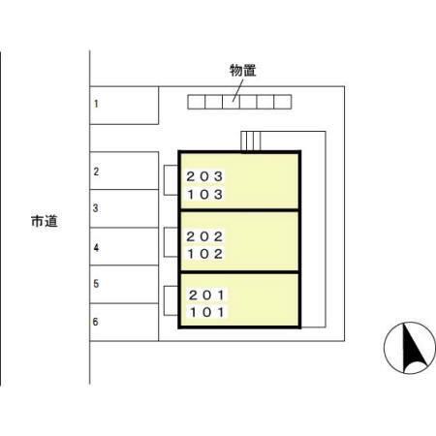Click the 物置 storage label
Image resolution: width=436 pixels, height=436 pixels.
(x=242, y=71)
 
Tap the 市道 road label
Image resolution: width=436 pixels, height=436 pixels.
(x=45, y=221)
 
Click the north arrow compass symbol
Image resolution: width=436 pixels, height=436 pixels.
(x=410, y=348)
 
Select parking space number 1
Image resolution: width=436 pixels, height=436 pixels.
(x=124, y=106)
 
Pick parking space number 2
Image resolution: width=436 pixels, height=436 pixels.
(x=124, y=171)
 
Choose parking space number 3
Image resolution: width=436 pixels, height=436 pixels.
(x=124, y=208)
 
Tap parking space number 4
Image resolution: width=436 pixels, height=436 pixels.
(x=124, y=246)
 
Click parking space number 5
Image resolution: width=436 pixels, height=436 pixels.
(x=124, y=284)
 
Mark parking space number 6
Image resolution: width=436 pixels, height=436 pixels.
(x=124, y=322)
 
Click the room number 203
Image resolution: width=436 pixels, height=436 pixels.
(x=204, y=176)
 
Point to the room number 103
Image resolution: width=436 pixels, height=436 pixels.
(x=204, y=195)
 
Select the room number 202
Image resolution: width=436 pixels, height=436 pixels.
(x=204, y=236)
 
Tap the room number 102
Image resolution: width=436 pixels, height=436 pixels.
(x=204, y=254)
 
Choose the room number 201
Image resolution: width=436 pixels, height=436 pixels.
(x=206, y=295)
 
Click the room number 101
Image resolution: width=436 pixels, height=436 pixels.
(x=206, y=312)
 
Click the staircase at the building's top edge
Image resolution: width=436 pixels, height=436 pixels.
(x=250, y=141)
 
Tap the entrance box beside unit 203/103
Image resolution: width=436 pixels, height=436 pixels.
(x=171, y=180)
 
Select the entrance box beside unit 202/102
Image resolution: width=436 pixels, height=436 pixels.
(x=171, y=242)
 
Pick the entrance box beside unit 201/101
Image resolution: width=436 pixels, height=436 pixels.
(x=171, y=300)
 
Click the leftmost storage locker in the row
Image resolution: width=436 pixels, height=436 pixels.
(x=197, y=102)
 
